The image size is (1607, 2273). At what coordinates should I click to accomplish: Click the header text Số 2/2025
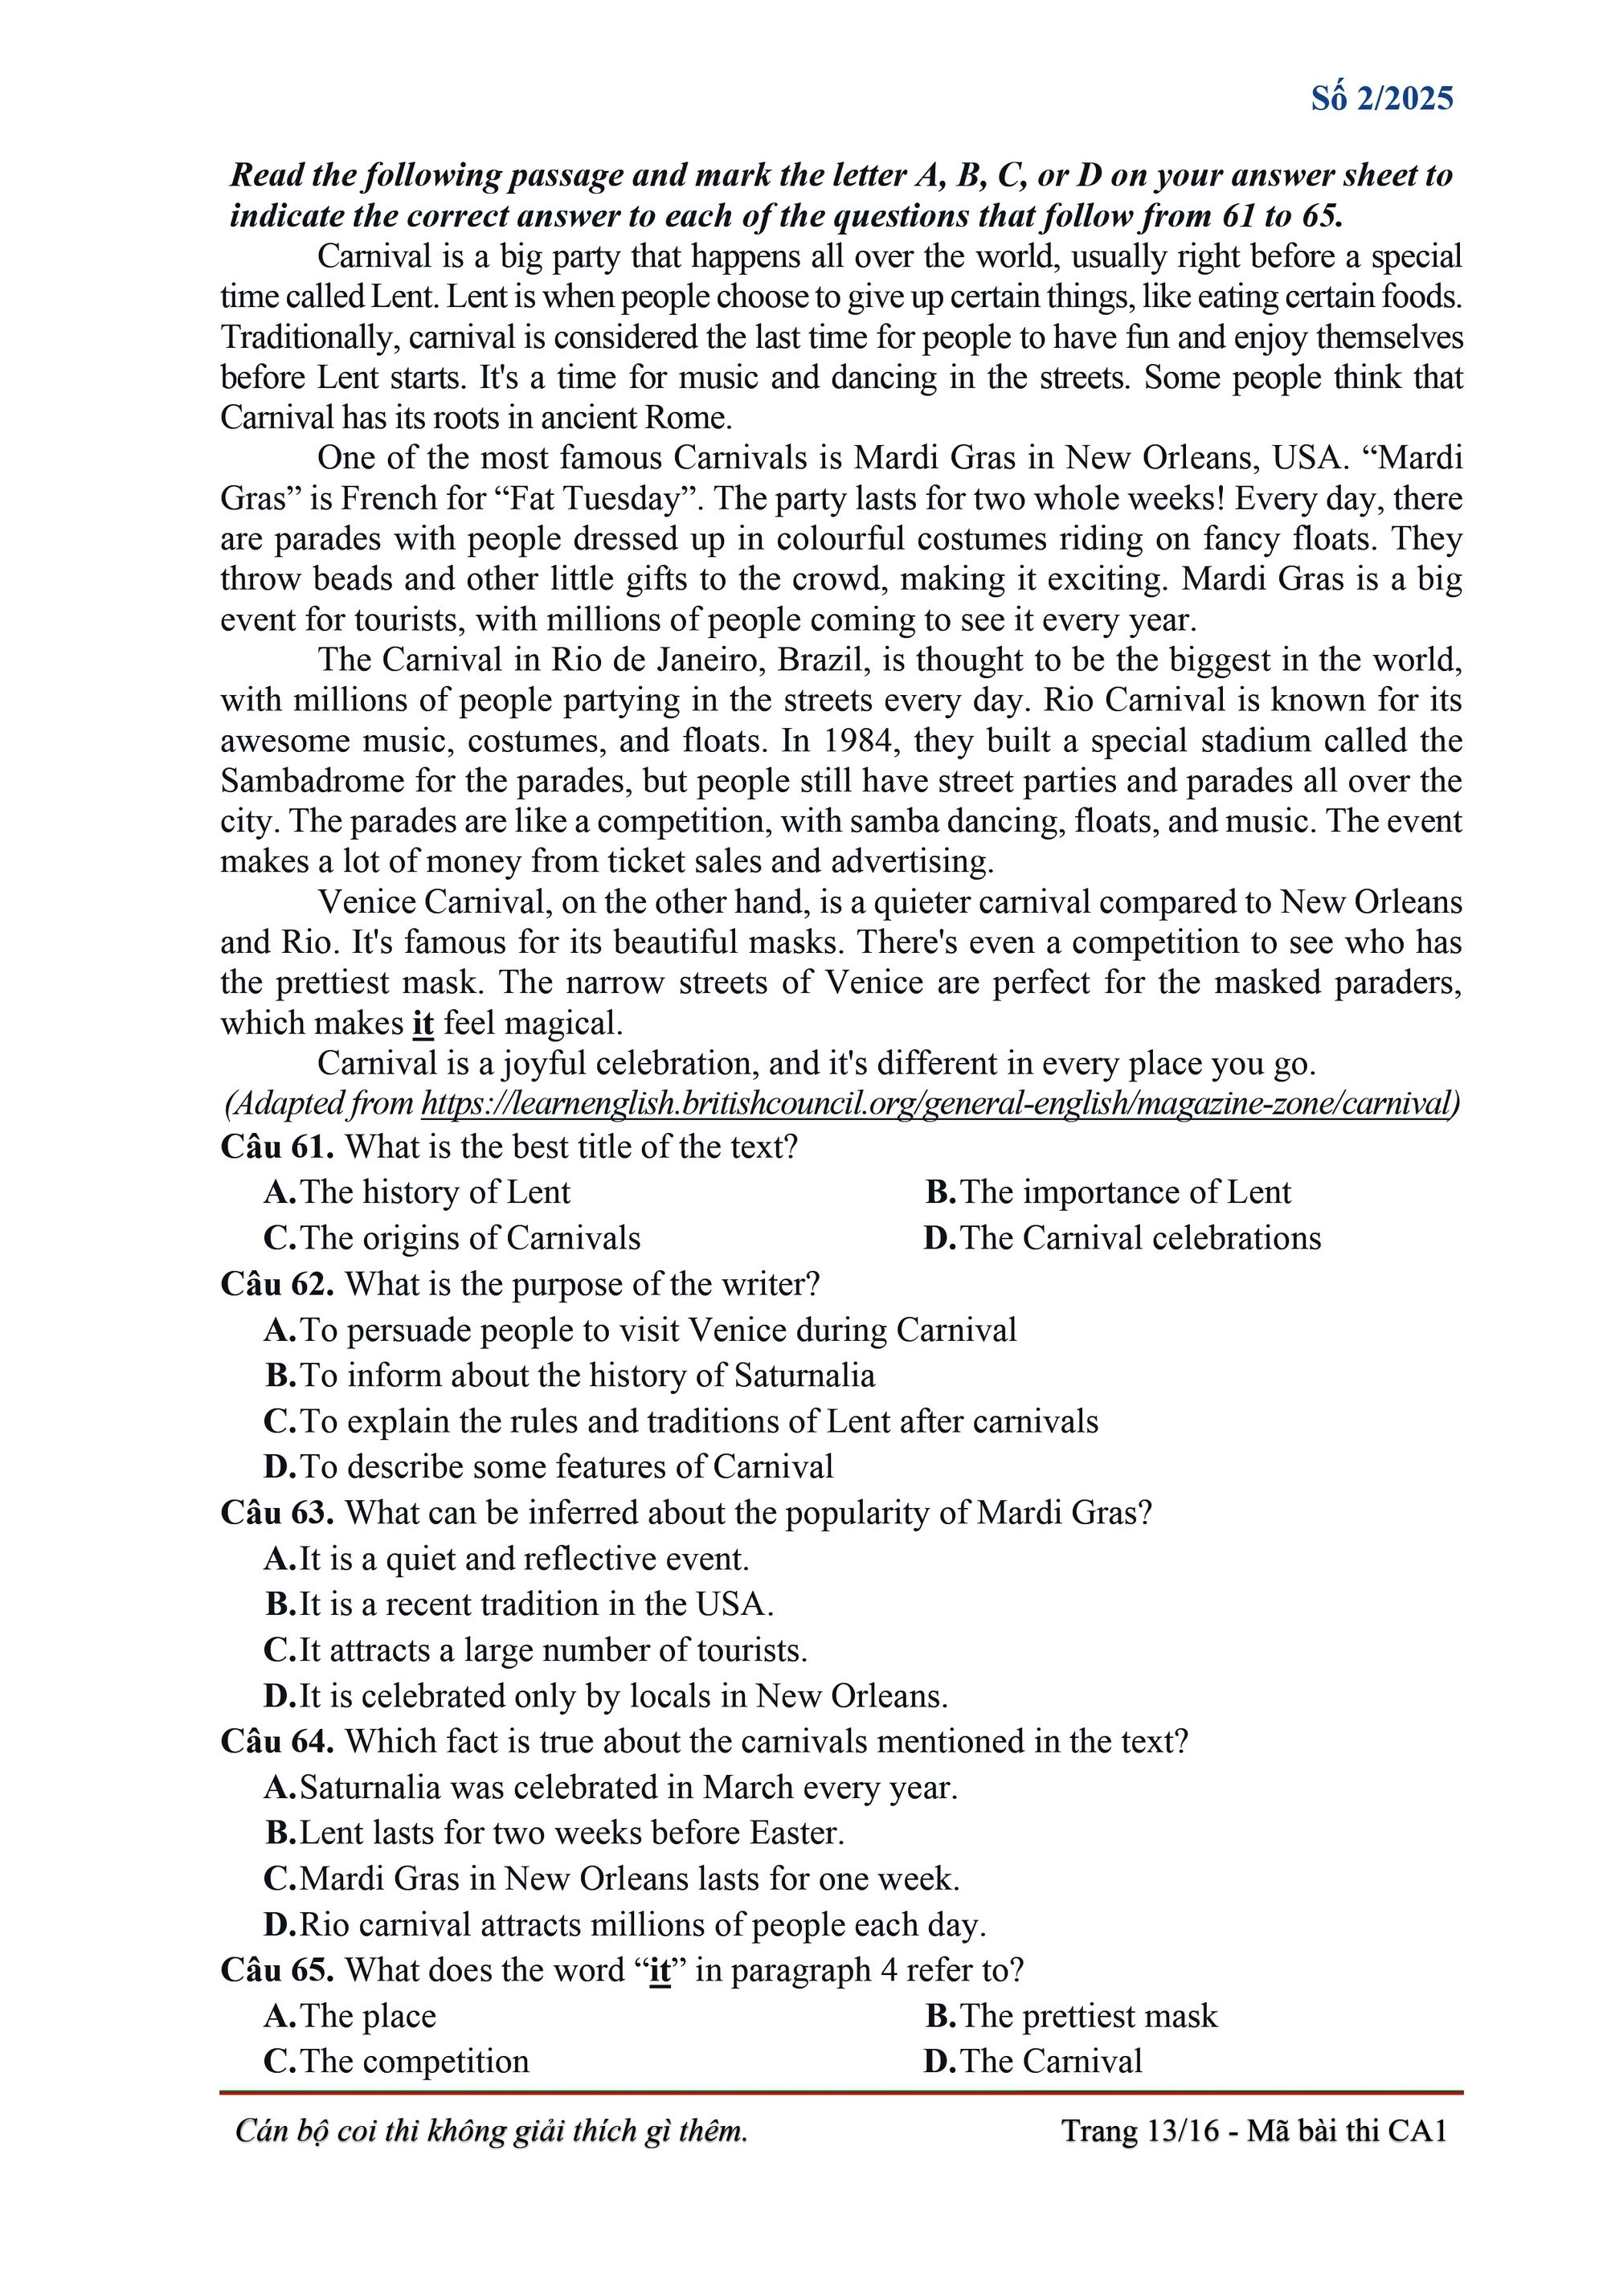click(x=1381, y=99)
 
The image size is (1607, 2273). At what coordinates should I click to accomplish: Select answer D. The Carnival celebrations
click(x=1122, y=1237)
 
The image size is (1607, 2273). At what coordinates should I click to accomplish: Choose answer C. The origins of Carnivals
click(x=452, y=1237)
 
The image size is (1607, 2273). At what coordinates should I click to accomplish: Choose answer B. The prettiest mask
click(x=1070, y=2016)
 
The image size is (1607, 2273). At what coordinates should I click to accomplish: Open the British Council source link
click(x=937, y=1103)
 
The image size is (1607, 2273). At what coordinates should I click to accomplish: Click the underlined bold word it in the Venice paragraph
click(x=423, y=1023)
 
